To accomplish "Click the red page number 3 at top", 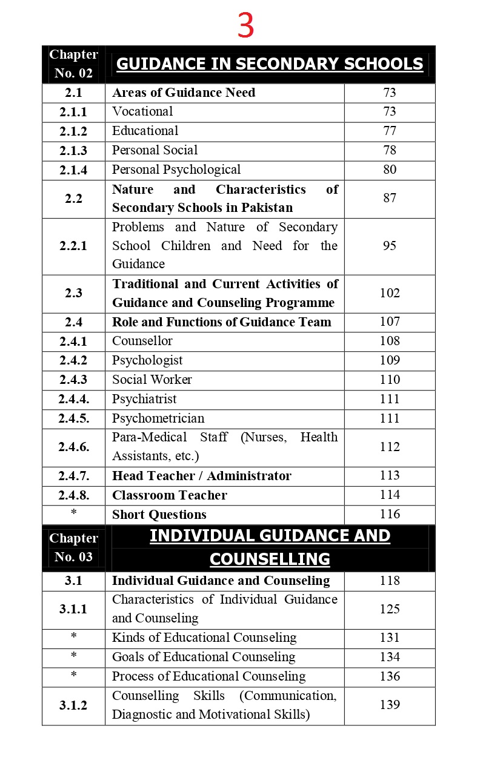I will point(245,26).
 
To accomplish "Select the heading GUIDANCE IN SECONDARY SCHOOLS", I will point(269,64).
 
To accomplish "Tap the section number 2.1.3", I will point(73,151).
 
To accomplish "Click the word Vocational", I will point(142,111).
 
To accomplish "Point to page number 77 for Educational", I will point(390,131).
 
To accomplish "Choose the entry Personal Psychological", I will point(176,170).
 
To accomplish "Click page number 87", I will point(390,199).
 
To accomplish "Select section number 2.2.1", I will point(73,246).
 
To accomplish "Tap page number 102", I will point(390,293).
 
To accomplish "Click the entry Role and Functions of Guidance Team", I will point(222,322).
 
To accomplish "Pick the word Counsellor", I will point(142,341).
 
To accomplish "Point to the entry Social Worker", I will point(152,380).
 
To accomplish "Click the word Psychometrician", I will point(158,418).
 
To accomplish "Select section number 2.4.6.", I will point(73,447).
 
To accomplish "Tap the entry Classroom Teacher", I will point(170,495).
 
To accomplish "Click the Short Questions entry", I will point(159,515).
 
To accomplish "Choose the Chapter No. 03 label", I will point(73,547).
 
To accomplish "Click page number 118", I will point(390,581).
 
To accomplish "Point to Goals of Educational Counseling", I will point(204,657).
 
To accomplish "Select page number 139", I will point(390,705).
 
